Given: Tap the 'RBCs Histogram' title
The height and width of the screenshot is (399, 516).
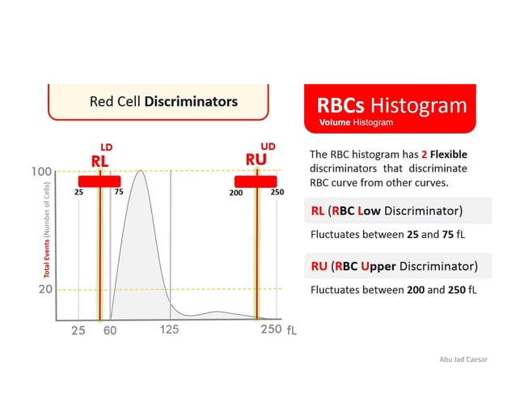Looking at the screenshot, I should pyautogui.click(x=391, y=106).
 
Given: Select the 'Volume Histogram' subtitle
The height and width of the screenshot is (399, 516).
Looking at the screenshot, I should pyautogui.click(x=356, y=123).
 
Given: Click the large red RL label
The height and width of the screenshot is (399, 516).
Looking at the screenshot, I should pyautogui.click(x=99, y=161).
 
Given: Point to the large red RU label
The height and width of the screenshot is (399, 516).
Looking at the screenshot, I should pyautogui.click(x=256, y=159).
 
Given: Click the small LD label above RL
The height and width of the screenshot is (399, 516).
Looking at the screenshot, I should pyautogui.click(x=106, y=146).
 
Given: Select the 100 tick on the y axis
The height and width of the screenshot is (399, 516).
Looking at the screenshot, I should pyautogui.click(x=42, y=172).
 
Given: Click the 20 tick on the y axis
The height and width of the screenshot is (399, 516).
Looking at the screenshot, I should pyautogui.click(x=45, y=289).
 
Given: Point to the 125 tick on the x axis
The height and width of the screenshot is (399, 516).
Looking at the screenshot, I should pyautogui.click(x=169, y=330).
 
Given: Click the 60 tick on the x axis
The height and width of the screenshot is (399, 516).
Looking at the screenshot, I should pyautogui.click(x=110, y=330).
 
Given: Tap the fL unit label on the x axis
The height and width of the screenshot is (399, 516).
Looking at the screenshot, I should pyautogui.click(x=293, y=331).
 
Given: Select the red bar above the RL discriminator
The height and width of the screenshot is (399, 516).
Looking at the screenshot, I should pyautogui.click(x=99, y=180).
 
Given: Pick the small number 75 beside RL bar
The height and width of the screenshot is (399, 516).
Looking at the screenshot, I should pyautogui.click(x=118, y=193).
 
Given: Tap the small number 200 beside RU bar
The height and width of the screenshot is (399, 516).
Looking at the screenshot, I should pyautogui.click(x=236, y=193).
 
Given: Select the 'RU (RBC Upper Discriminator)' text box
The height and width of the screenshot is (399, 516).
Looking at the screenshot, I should pyautogui.click(x=400, y=265).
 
